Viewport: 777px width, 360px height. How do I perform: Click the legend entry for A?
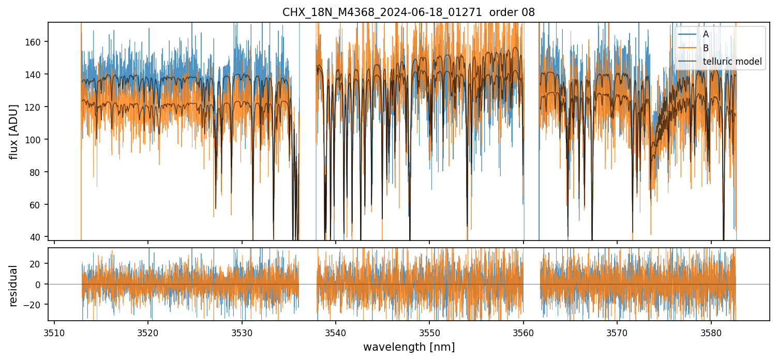coord(706,34)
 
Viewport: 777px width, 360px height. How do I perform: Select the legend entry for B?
coord(706,48)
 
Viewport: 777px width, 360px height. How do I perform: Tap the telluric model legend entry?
coord(732,62)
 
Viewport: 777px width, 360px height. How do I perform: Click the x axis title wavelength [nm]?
coord(409,347)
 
